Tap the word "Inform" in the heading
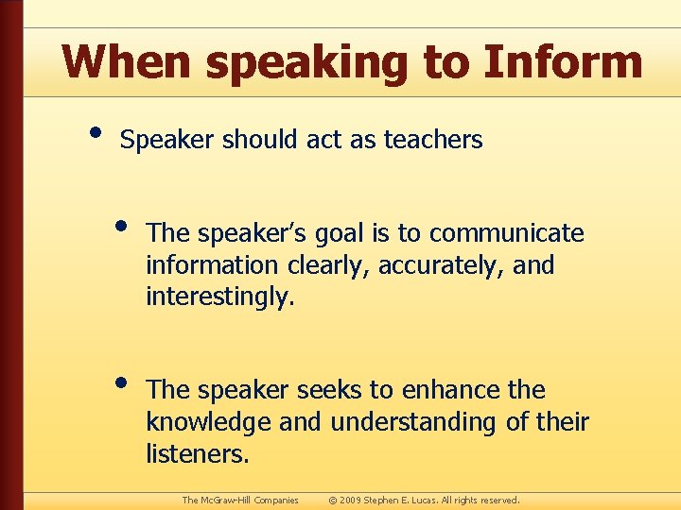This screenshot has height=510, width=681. pos(563,62)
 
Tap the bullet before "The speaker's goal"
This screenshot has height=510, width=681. pos(122,224)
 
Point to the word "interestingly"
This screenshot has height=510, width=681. pos(219,297)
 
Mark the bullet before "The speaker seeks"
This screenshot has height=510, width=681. pos(122,381)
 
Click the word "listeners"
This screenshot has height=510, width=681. pos(197,454)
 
